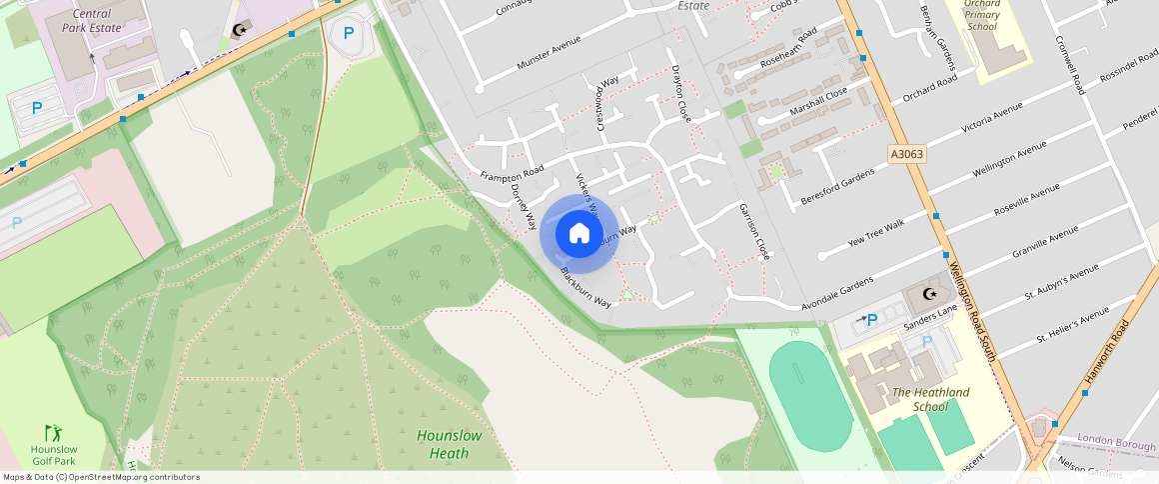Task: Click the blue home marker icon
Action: (579, 234)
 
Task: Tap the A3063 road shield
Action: (906, 154)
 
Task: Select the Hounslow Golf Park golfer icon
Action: (53, 432)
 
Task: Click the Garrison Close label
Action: (754, 231)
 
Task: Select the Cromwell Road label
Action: (1069, 65)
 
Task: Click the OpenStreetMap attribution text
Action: (102, 477)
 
